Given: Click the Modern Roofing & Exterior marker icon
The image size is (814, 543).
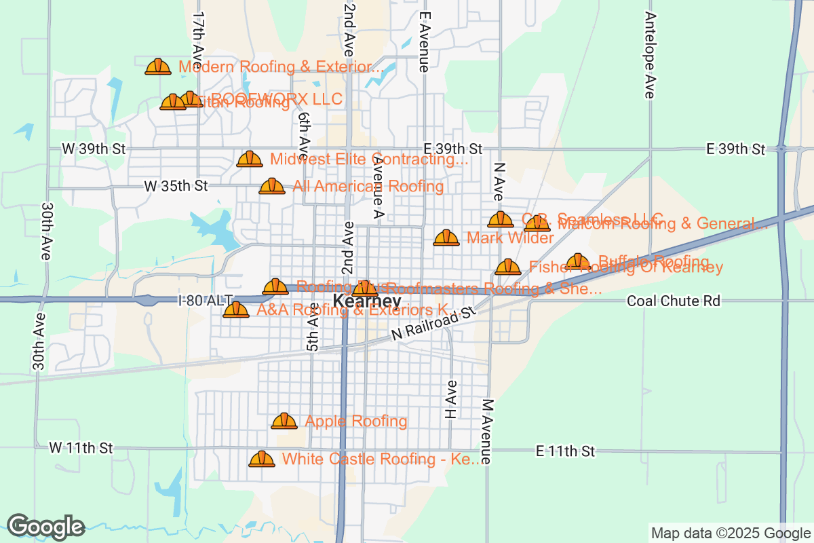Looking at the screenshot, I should [x=158, y=67].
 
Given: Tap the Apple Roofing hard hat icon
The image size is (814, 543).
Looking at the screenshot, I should [x=284, y=422].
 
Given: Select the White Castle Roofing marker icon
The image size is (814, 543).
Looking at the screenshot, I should [x=262, y=460].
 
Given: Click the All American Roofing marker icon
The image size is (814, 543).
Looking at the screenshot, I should [x=272, y=186].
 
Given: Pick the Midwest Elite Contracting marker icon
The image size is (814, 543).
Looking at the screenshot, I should [x=250, y=160].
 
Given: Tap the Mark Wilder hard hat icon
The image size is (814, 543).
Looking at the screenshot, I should [x=446, y=238].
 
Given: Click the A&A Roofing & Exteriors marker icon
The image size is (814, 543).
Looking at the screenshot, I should [x=236, y=310].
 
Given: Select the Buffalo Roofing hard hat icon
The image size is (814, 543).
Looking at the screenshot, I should [x=578, y=262].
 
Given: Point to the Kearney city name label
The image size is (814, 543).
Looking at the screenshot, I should [x=366, y=301].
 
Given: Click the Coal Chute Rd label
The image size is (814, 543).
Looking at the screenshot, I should [x=674, y=300].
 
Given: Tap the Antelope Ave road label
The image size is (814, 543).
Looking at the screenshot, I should [x=651, y=56].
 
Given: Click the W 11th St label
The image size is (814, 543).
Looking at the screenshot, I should [x=81, y=448].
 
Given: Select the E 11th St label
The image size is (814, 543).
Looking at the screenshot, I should [x=565, y=451].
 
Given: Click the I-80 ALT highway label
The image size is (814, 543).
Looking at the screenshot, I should [x=206, y=300].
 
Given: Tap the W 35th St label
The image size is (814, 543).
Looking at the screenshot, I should [x=176, y=185].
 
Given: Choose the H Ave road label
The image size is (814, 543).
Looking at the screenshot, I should [x=451, y=399].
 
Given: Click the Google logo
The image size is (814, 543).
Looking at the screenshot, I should [x=45, y=527].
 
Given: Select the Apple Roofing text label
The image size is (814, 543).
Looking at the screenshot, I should [x=356, y=422].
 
